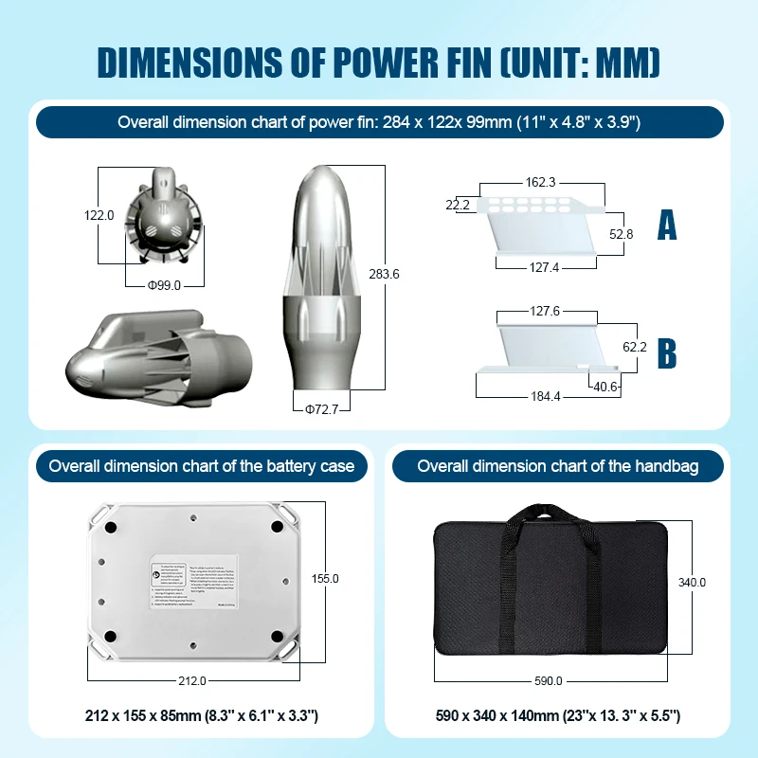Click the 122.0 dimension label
click(99, 215)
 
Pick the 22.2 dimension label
click(458, 204)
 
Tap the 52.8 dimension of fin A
click(621, 233)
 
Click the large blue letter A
click(667, 226)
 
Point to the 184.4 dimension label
click(543, 396)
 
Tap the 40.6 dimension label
click(606, 386)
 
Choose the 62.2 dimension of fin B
click(634, 348)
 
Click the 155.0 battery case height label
click(325, 578)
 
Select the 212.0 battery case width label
click(192, 680)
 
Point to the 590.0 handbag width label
click(548, 680)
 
